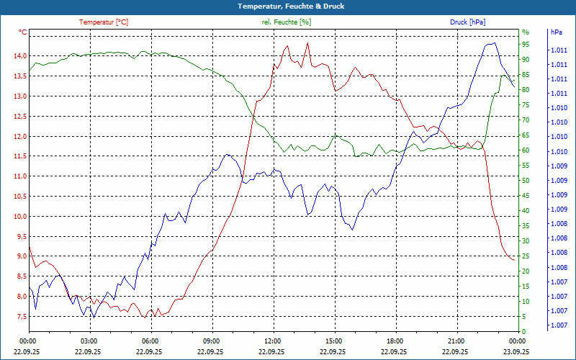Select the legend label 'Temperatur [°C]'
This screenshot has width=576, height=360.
click(x=104, y=22)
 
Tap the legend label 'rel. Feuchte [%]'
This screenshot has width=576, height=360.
click(x=287, y=22)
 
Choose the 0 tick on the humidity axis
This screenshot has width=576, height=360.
click(x=523, y=331)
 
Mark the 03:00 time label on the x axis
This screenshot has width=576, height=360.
click(x=89, y=341)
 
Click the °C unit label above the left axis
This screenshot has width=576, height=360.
click(x=23, y=32)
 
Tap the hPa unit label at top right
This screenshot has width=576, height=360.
click(x=557, y=32)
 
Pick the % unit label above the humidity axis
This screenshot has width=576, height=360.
click(x=525, y=32)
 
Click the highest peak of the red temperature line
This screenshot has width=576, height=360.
click(x=307, y=43)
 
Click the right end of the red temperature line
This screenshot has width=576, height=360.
click(x=514, y=259)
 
